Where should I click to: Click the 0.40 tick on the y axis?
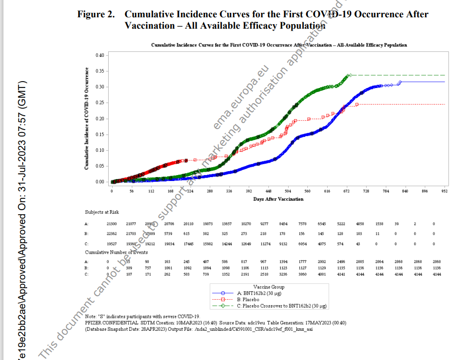99,55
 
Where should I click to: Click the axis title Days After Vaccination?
279,199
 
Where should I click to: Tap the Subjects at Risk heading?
102,212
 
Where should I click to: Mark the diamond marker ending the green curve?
349,75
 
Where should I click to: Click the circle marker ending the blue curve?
400,82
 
